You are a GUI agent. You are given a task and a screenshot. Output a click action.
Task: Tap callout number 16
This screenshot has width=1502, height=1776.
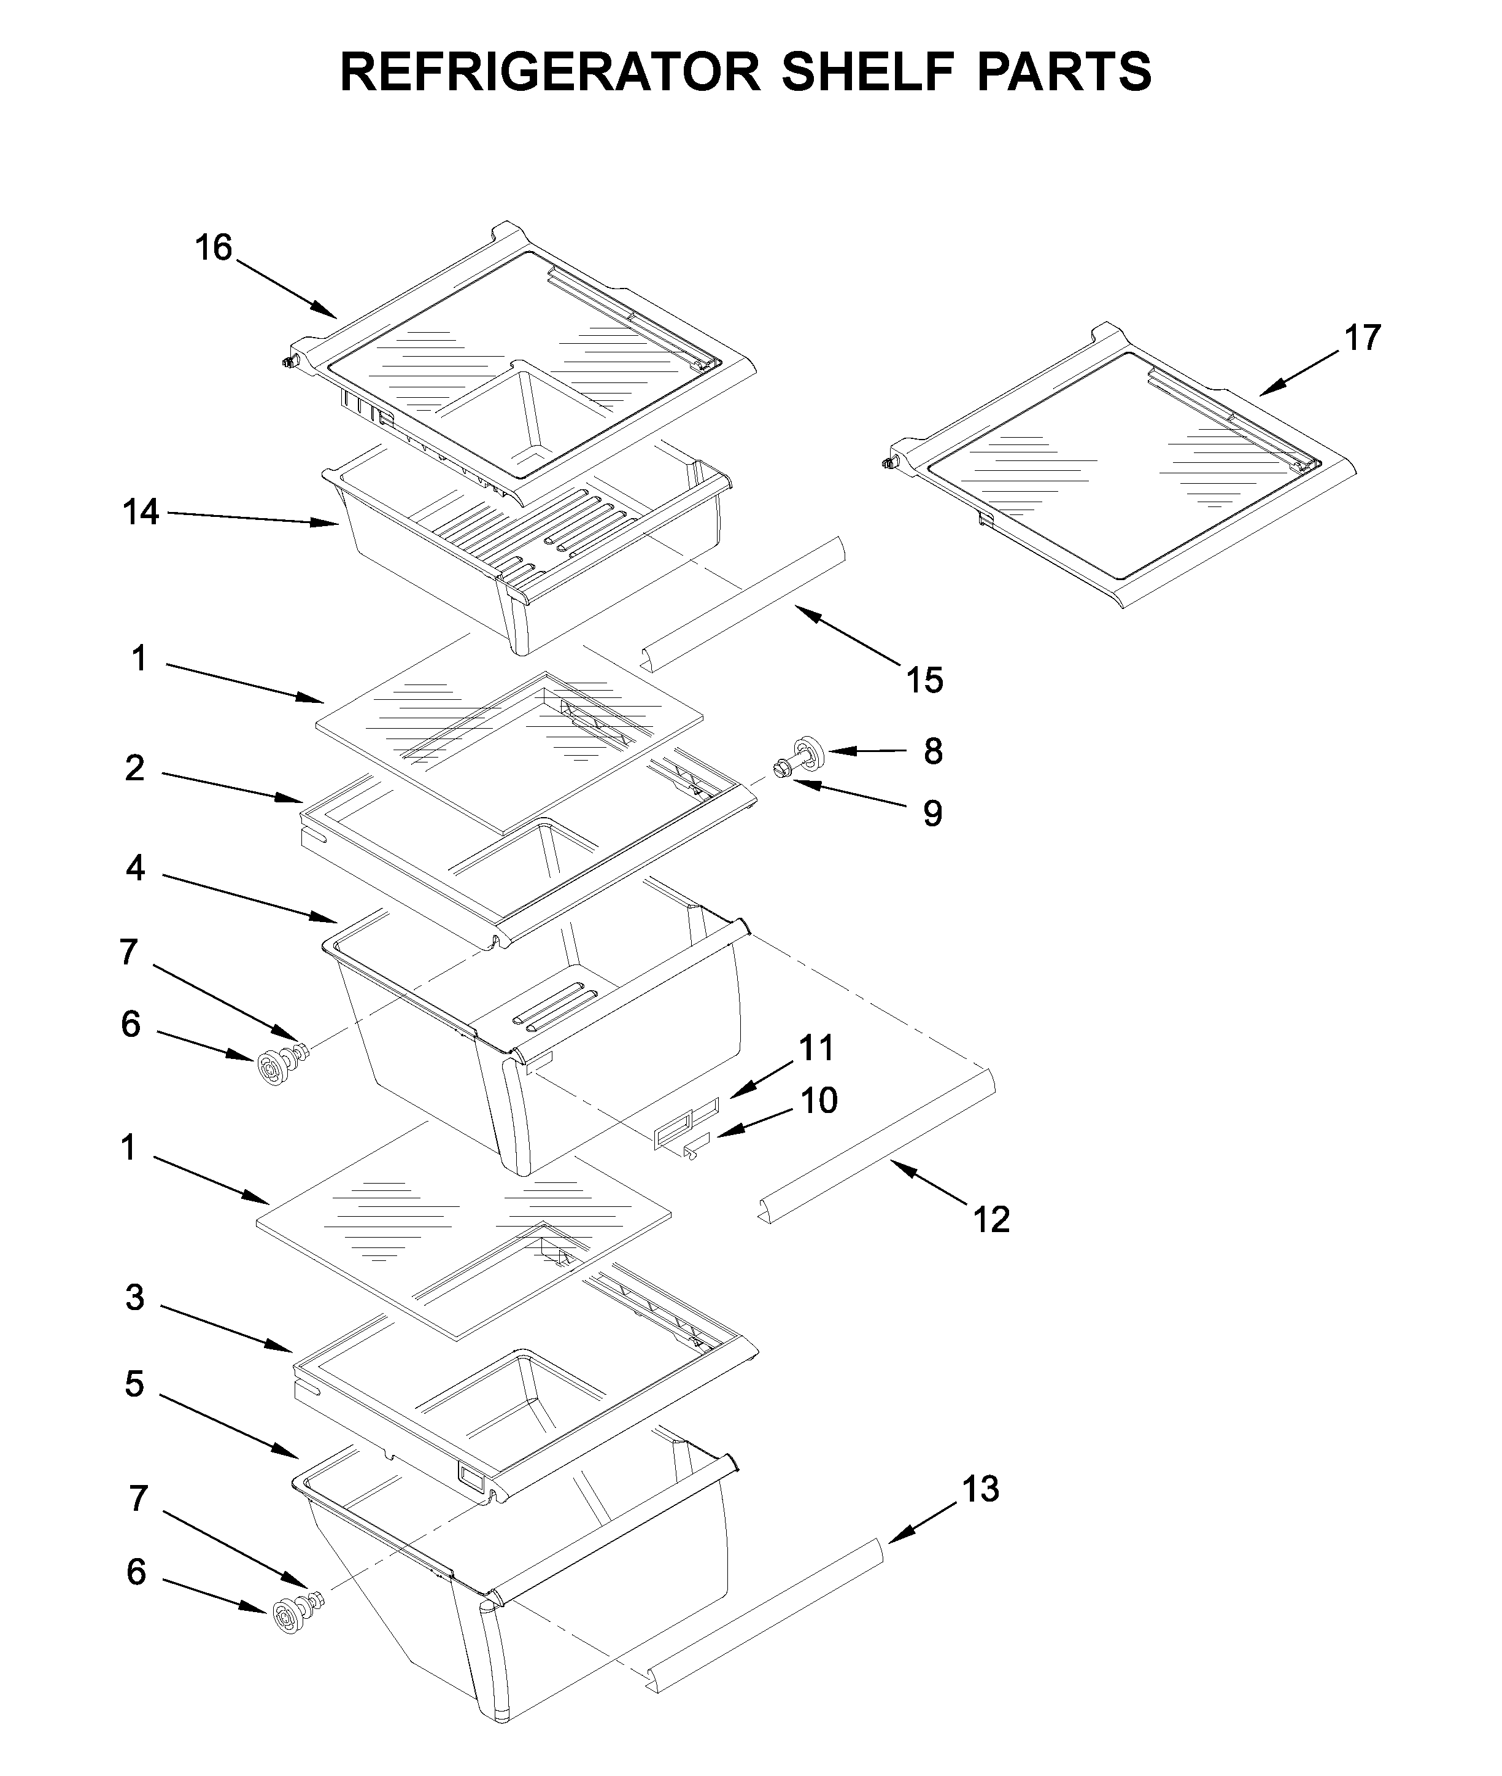tap(213, 248)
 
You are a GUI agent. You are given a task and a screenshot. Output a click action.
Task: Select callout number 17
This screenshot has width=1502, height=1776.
tap(1361, 338)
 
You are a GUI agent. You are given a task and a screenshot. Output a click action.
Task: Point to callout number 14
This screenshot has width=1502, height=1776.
tap(141, 513)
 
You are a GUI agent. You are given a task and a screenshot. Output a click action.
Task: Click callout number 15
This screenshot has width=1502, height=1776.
tap(924, 680)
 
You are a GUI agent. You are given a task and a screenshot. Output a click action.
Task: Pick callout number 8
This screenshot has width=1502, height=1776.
tap(932, 751)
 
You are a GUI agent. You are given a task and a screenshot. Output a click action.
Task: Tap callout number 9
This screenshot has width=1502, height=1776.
tap(932, 814)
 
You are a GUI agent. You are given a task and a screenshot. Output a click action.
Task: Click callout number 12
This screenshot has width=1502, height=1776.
tap(991, 1219)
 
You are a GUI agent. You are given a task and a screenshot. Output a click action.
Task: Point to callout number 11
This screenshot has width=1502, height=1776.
tap(816, 1047)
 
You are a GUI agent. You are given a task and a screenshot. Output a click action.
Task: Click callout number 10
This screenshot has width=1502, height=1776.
tap(818, 1101)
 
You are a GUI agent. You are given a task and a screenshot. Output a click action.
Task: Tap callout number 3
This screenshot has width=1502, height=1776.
tap(134, 1298)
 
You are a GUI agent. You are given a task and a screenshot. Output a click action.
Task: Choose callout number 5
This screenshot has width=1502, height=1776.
tap(134, 1384)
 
